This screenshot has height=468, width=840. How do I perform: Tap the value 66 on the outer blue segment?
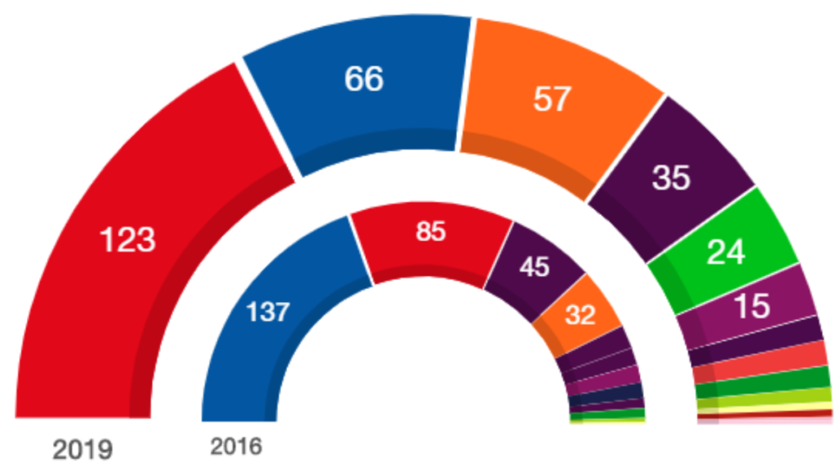364,80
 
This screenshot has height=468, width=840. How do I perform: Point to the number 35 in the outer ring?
670,178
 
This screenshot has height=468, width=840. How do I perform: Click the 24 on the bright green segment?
727,252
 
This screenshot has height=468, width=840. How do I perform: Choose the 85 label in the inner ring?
430,232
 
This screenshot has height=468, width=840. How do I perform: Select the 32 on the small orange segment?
580,315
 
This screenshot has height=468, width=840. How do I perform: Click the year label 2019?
82,449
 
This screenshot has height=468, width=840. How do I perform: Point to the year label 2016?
236,447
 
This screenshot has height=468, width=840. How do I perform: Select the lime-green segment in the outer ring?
764,396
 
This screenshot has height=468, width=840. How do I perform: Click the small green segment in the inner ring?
608,413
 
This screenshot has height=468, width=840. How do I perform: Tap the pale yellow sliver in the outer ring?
764,406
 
